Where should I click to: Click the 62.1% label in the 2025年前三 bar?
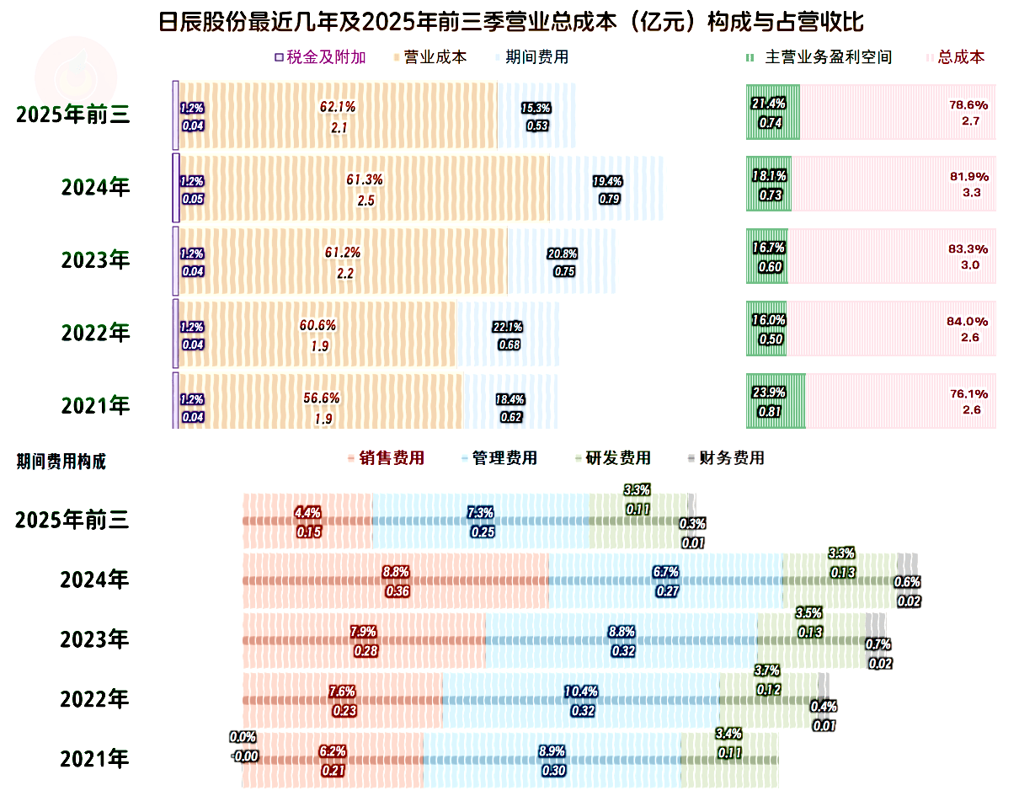[338, 107]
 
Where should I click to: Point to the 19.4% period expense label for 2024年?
[607, 181]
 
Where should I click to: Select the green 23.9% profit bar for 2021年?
[776, 401]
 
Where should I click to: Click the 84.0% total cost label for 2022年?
[968, 321]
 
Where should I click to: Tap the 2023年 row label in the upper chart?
[95, 260]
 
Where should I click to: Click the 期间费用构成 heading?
[61, 461]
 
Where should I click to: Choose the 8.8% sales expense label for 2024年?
[396, 572]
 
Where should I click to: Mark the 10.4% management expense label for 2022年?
[580, 692]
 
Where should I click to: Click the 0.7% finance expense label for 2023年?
[878, 644]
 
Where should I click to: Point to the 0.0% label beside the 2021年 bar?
[243, 737]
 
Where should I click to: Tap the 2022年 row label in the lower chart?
[94, 698]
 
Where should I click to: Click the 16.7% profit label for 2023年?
[768, 248]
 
